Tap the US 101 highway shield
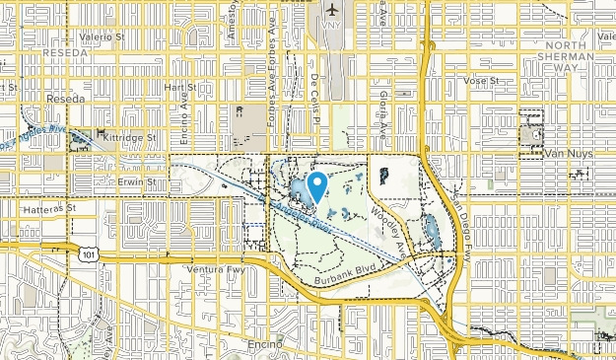(x=90, y=254)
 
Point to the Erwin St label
(x=137, y=181)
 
